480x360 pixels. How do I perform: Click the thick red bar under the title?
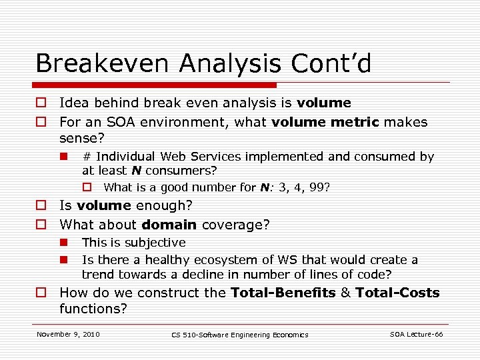click(x=156, y=85)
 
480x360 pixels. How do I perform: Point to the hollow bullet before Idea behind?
click(x=41, y=103)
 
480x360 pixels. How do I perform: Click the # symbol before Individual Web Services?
click(x=87, y=157)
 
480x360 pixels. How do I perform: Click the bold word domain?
click(x=169, y=225)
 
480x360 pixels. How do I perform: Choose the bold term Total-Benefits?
click(x=283, y=293)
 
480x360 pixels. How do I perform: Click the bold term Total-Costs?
click(x=397, y=293)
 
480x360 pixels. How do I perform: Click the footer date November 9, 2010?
click(x=68, y=334)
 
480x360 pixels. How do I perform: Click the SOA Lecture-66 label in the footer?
click(x=416, y=334)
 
